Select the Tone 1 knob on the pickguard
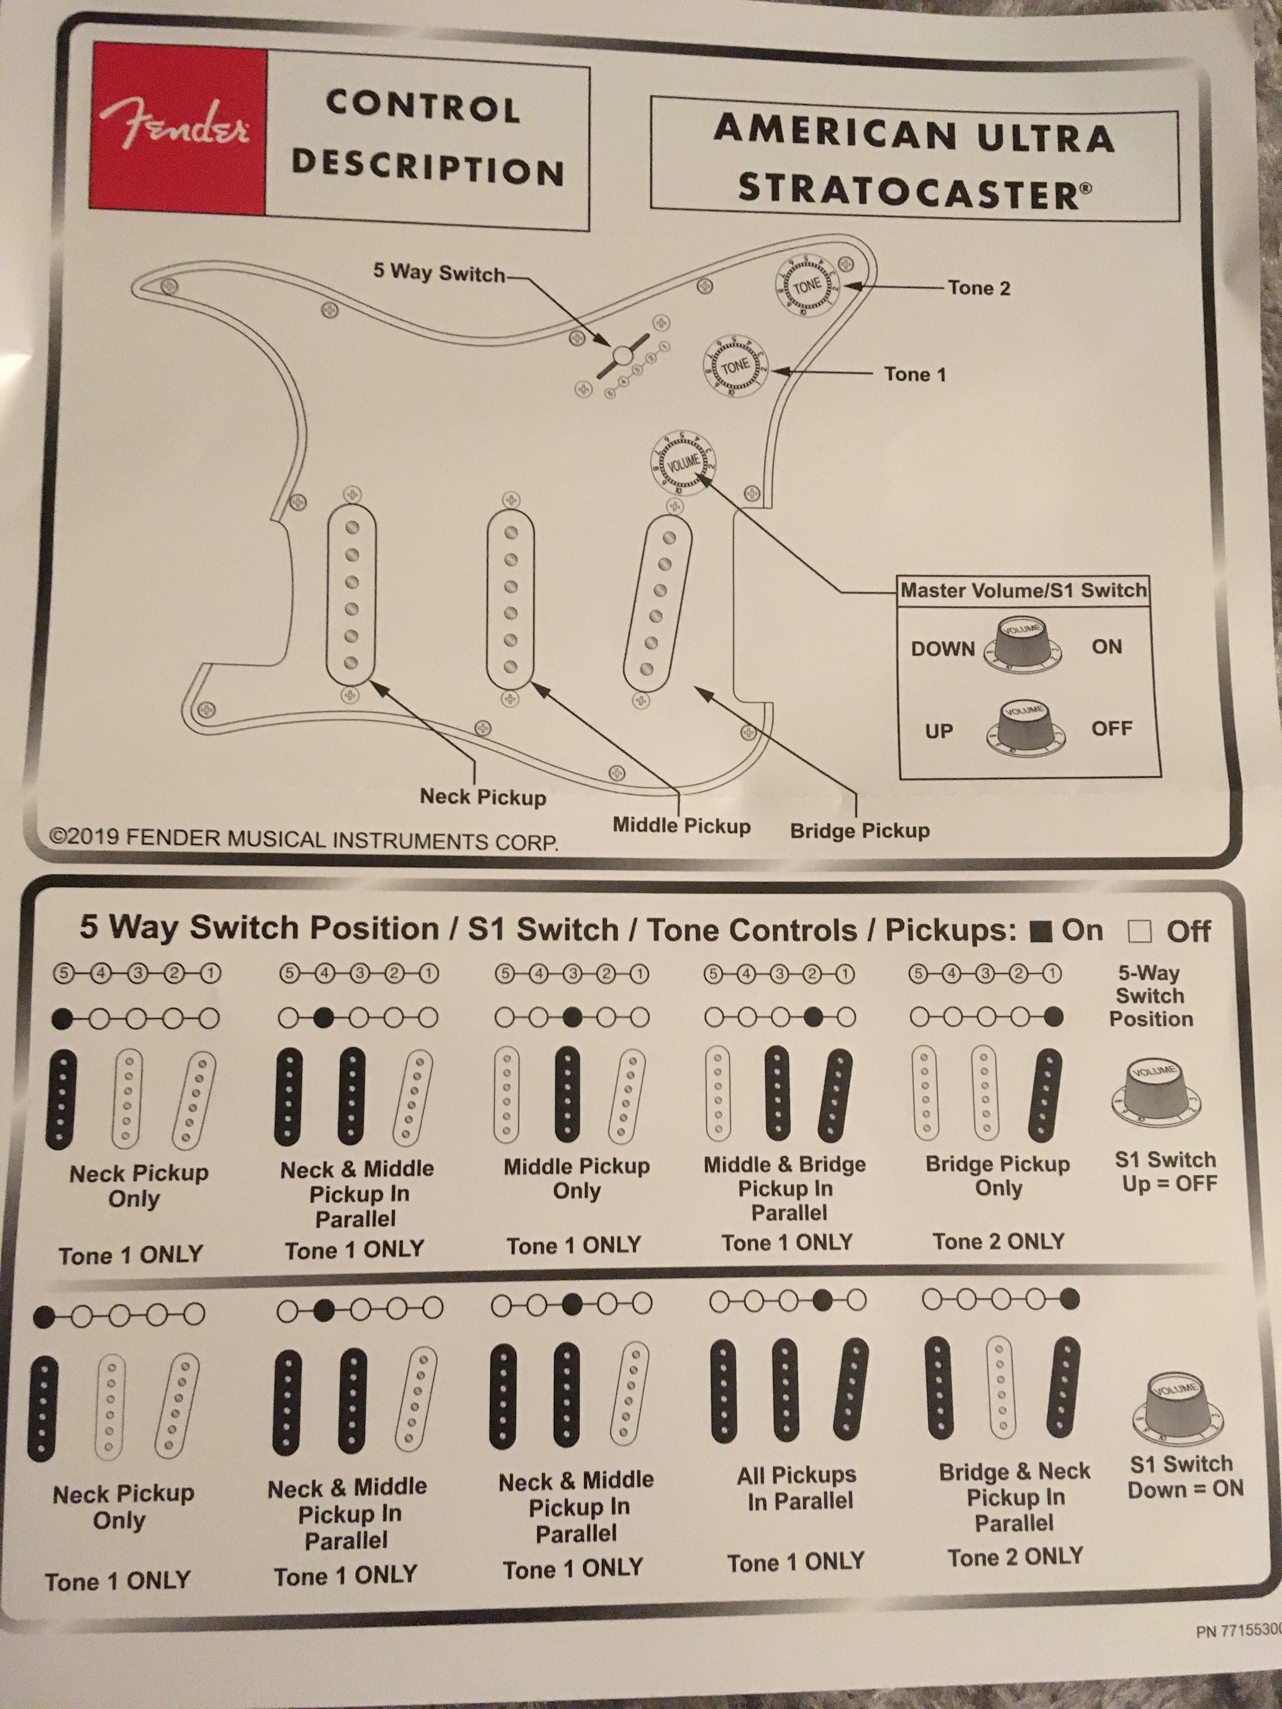(x=735, y=365)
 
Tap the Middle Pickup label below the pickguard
(x=681, y=826)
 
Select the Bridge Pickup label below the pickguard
(x=859, y=831)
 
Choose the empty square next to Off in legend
(x=1139, y=932)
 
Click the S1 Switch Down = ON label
(x=1184, y=1476)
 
